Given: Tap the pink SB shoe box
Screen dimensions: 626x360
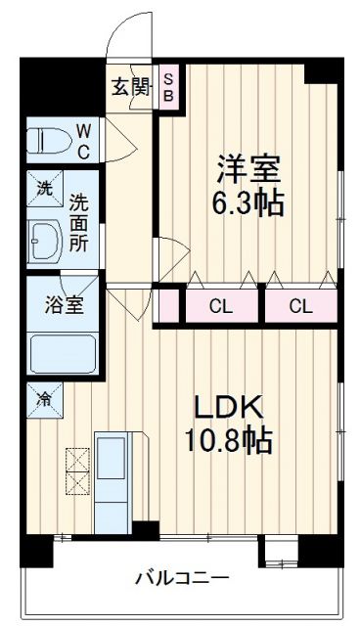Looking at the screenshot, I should coord(168,86).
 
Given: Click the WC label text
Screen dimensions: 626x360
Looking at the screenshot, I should coord(83,139).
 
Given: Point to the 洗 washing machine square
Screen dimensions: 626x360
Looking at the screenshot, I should coord(45,187).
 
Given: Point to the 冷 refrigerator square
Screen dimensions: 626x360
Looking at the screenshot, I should coord(44,399).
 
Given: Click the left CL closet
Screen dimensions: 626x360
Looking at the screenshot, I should coord(221,305).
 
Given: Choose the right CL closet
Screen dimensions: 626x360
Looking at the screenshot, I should coord(300,305).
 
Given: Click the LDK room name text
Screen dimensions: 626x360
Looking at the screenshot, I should coord(230,407).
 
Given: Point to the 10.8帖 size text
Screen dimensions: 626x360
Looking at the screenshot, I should coord(231,442).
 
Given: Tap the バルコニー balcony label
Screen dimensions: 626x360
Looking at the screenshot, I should coord(180,577).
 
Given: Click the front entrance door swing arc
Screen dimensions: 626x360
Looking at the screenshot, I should coord(129,31).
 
